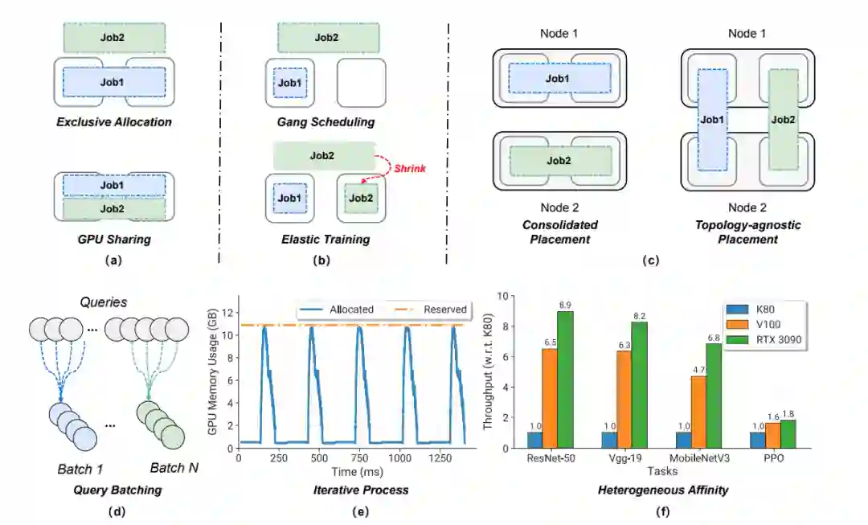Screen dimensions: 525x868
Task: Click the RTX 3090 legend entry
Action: click(x=775, y=339)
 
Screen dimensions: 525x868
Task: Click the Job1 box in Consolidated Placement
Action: click(x=559, y=78)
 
